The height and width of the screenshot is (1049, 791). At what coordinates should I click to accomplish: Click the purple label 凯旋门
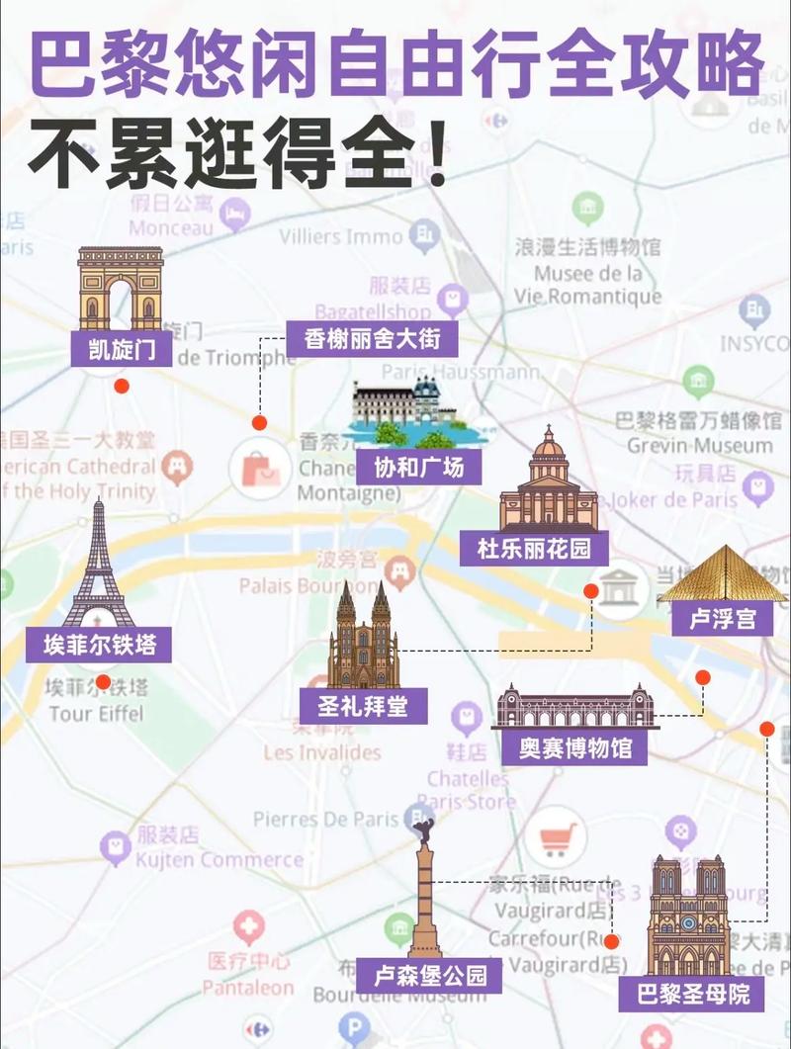click(x=121, y=351)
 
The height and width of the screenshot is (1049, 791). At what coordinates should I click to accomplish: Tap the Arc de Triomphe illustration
click(x=121, y=288)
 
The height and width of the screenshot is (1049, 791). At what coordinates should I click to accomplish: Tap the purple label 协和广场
click(x=419, y=466)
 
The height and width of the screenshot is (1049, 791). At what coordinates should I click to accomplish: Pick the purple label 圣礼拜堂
click(x=364, y=706)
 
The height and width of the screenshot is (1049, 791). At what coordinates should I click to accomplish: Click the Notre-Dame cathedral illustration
click(x=688, y=916)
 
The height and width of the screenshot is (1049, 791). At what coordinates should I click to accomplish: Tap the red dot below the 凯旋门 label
click(x=121, y=387)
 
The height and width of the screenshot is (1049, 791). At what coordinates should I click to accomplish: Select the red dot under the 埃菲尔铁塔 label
click(x=103, y=681)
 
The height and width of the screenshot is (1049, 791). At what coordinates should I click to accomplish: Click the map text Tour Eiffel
click(x=95, y=714)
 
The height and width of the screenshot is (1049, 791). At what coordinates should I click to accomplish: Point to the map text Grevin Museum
click(x=699, y=446)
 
